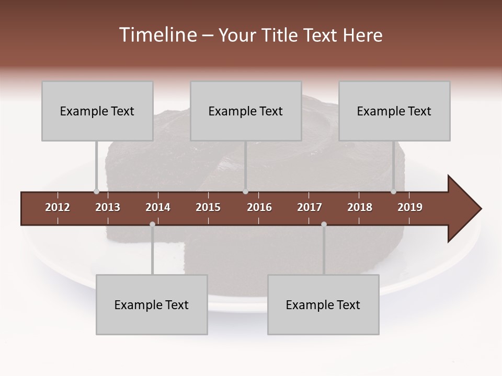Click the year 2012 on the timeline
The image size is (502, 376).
click(x=58, y=207)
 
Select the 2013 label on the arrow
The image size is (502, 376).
click(x=108, y=207)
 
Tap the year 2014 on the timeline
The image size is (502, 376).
click(x=158, y=207)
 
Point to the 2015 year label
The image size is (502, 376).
click(x=208, y=207)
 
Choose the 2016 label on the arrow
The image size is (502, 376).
click(x=259, y=207)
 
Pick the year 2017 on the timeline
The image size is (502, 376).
click(x=310, y=207)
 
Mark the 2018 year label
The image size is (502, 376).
click(x=360, y=207)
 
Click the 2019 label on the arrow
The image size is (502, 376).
click(x=410, y=207)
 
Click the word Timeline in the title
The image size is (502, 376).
click(x=157, y=35)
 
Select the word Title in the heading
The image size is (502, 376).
click(x=280, y=35)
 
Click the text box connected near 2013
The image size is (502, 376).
click(x=97, y=111)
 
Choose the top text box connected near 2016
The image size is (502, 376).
click(x=246, y=111)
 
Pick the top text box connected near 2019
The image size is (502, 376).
click(x=394, y=111)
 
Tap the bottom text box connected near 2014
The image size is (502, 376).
click(x=152, y=304)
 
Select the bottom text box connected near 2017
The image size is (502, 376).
click(x=323, y=304)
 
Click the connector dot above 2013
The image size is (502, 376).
click(x=96, y=192)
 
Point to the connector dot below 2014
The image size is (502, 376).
click(x=152, y=224)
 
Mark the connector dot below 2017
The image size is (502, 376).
click(x=324, y=224)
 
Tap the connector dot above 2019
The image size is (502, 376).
click(x=393, y=192)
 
